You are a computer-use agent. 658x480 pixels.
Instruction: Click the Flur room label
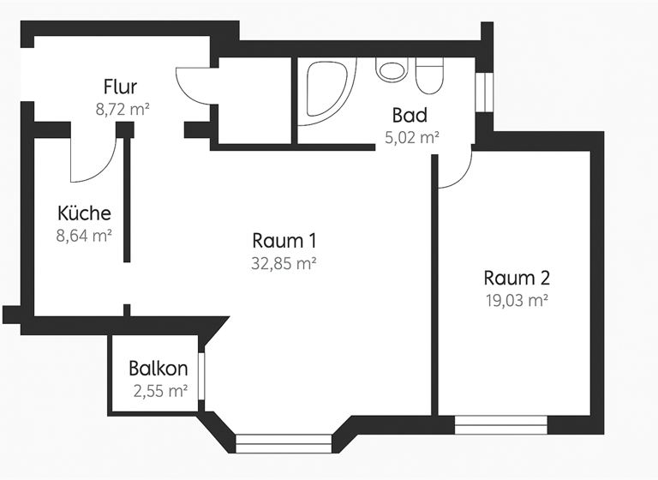(x=120, y=87)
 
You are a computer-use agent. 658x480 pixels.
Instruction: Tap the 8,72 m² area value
(x=123, y=109)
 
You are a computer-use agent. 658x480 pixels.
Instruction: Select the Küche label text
(x=84, y=213)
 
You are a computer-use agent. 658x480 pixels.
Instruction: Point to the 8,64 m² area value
(x=85, y=236)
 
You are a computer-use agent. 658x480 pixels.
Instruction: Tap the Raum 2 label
(x=516, y=278)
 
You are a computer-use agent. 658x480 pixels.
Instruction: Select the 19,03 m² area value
(x=516, y=300)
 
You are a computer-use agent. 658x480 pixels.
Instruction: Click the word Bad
(x=410, y=115)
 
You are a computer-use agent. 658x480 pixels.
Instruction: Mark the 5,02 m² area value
(x=412, y=136)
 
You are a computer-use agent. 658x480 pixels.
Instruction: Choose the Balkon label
(x=159, y=369)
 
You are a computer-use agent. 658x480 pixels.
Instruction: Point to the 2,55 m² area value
(x=160, y=392)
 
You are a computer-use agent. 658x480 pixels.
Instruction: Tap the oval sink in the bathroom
(x=392, y=70)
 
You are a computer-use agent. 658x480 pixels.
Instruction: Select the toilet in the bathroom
(x=428, y=75)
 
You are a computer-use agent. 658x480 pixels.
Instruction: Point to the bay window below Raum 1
(x=282, y=442)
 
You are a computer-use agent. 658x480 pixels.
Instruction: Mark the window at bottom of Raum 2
(x=500, y=423)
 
